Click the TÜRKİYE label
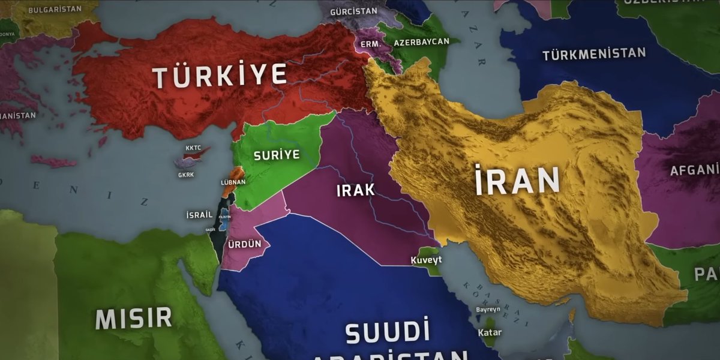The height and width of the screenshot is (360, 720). [x=220, y=76]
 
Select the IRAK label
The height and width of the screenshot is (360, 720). [x=355, y=190]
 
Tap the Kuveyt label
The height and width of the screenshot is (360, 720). [x=426, y=260]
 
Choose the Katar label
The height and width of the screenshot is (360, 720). [x=490, y=332]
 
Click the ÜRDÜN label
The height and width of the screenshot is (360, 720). [x=245, y=245]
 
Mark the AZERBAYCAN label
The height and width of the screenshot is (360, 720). [x=422, y=42]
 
